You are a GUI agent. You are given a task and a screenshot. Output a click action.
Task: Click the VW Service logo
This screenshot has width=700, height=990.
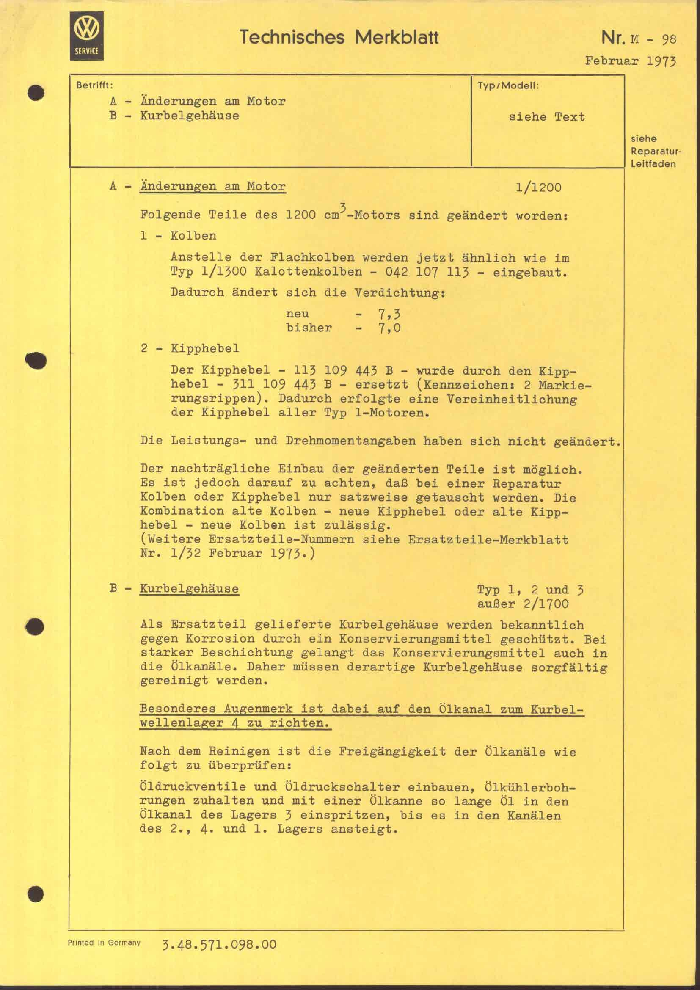click(87, 36)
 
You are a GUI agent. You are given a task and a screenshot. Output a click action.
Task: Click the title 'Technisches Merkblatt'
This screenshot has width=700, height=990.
click(339, 38)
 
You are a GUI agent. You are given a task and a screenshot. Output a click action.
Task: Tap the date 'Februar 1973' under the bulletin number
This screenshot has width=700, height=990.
click(631, 61)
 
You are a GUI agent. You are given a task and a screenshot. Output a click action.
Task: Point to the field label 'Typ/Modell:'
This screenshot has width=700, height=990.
click(508, 85)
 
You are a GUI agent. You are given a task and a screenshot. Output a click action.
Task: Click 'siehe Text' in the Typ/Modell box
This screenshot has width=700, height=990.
click(546, 117)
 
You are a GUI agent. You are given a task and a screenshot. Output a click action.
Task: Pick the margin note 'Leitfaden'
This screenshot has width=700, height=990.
click(653, 164)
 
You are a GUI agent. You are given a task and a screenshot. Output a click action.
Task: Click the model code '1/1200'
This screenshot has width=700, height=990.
click(538, 188)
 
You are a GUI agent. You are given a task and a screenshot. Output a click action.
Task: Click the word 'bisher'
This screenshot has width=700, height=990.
click(309, 328)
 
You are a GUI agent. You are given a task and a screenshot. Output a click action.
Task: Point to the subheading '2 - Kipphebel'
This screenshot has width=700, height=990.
click(190, 348)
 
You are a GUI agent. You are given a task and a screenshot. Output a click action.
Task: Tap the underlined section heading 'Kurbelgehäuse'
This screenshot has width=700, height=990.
click(189, 589)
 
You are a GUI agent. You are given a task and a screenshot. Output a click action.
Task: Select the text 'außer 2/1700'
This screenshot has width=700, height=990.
click(522, 604)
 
